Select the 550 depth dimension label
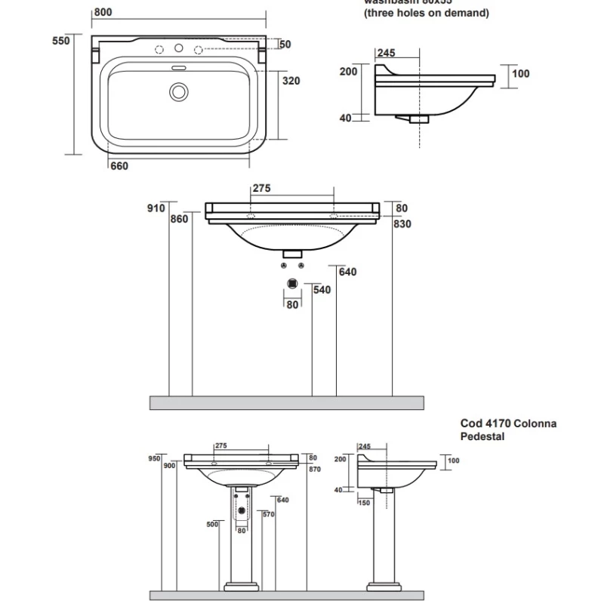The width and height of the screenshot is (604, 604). point(61,42)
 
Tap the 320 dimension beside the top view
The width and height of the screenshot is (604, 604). point(291,82)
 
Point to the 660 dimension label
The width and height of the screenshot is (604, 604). point(119,167)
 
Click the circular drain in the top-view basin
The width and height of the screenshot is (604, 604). point(179,92)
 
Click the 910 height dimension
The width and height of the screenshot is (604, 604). point(156,208)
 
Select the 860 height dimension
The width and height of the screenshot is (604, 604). point(180,219)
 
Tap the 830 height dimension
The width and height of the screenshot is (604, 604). point(402,223)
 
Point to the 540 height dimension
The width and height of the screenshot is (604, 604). point(322,290)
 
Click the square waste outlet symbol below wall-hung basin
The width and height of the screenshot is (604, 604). point(292,285)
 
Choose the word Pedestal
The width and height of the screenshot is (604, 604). point(482,436)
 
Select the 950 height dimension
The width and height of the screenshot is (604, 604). point(155,458)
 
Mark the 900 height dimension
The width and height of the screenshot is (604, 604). point(168,467)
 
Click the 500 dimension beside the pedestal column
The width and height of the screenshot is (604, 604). point(212,524)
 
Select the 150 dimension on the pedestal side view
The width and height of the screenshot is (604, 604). point(364,502)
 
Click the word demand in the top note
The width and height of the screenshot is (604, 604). point(465,13)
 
